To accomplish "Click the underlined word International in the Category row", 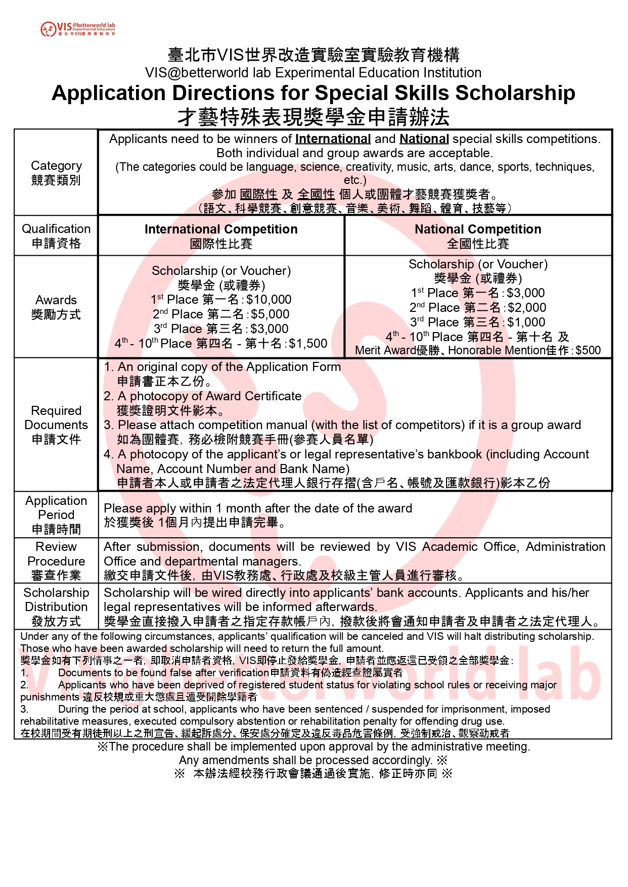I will [333, 139].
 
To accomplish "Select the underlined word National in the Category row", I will [424, 139].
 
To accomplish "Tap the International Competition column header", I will [221, 229].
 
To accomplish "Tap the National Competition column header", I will [478, 229].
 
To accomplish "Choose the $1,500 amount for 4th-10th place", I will [308, 344].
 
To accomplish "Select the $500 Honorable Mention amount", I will [588, 350].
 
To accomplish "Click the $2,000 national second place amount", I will [527, 308].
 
